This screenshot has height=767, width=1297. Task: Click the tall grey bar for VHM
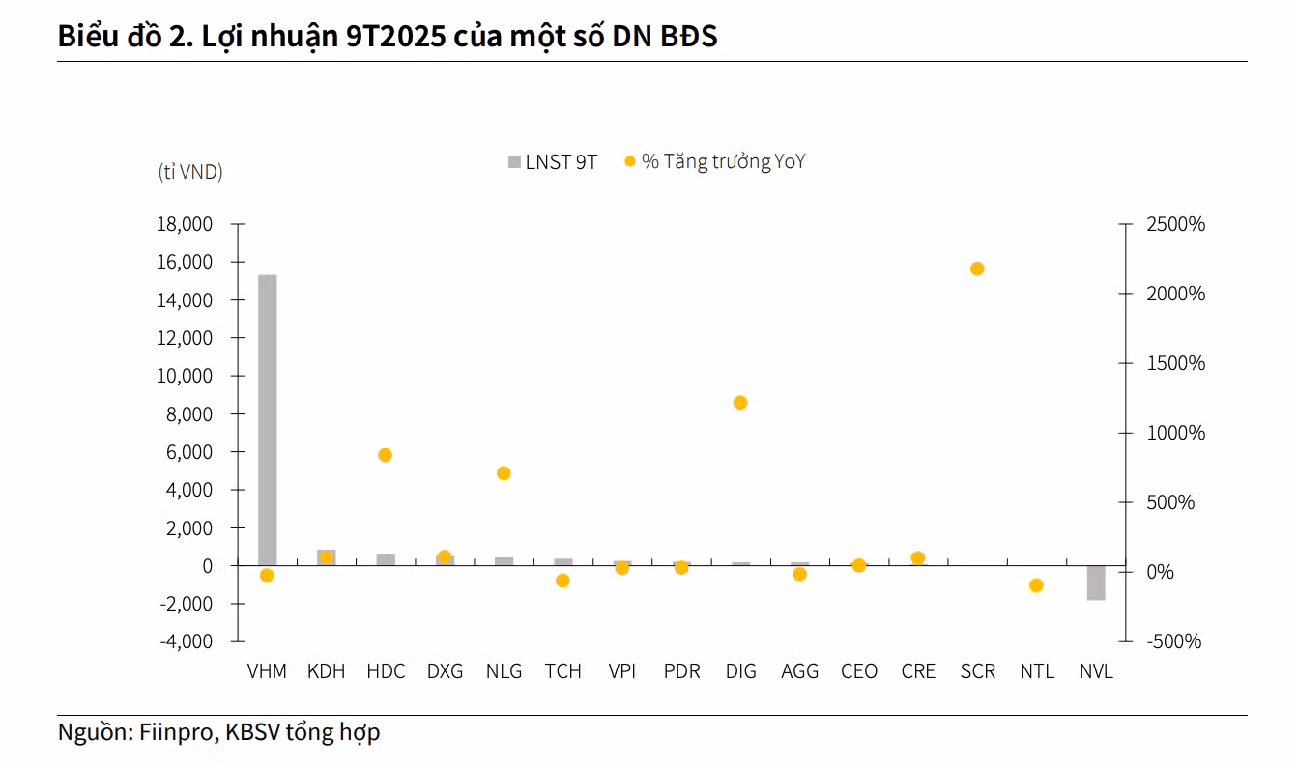(x=267, y=420)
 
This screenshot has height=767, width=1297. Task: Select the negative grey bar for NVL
(x=1096, y=582)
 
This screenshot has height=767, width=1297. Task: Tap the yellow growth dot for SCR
(x=977, y=269)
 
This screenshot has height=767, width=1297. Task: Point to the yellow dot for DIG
(x=740, y=403)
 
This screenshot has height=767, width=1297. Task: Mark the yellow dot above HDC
(x=385, y=455)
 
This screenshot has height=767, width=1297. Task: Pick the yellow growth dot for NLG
(x=504, y=473)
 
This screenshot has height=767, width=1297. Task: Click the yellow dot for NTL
(x=1036, y=585)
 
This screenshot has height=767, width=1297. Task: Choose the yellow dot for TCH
(x=562, y=581)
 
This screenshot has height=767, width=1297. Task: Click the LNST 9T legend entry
(x=554, y=162)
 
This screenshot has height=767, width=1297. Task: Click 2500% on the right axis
(x=1175, y=224)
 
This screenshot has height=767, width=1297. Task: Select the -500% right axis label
(x=1173, y=641)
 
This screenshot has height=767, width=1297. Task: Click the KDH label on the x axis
(x=326, y=671)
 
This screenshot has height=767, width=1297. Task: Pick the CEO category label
(x=859, y=671)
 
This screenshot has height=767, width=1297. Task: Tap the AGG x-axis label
(x=799, y=671)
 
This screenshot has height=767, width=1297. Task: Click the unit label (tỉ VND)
(x=190, y=172)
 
